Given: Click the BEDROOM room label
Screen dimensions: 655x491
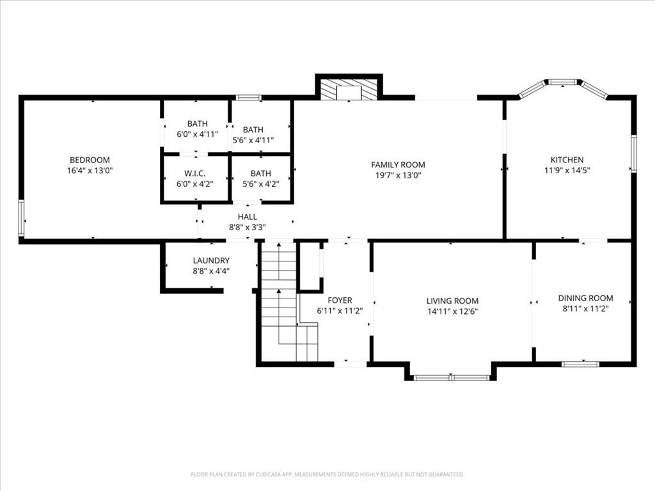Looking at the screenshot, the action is point(90,160).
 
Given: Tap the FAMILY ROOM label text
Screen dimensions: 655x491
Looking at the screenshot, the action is point(398,165).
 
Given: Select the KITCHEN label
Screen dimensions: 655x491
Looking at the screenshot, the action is point(567,160).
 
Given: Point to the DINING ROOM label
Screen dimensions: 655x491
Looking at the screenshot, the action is point(586,298).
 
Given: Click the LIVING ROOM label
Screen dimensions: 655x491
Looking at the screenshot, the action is point(452,300).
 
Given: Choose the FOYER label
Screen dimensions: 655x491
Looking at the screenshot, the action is point(340,300).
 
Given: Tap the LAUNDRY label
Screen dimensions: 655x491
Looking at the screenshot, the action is point(211,261).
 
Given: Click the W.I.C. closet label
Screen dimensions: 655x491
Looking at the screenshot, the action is point(194,173).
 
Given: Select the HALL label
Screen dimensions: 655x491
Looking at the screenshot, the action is point(248,217).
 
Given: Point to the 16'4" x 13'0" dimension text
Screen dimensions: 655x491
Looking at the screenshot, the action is point(90,170).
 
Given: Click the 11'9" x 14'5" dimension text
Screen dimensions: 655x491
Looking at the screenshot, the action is point(567,170).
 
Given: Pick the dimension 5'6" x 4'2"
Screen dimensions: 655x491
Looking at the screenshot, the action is point(261,183).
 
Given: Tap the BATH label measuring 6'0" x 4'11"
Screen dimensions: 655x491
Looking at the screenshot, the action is point(197,123).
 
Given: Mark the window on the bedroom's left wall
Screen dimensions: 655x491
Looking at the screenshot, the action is point(21,219).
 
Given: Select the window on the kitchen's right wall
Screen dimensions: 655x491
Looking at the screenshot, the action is point(634,153).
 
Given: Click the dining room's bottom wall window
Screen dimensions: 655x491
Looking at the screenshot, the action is point(580,364).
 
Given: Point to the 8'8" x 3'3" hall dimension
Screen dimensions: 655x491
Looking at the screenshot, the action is point(248,228).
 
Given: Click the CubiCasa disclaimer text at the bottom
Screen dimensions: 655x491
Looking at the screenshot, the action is point(327,475).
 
